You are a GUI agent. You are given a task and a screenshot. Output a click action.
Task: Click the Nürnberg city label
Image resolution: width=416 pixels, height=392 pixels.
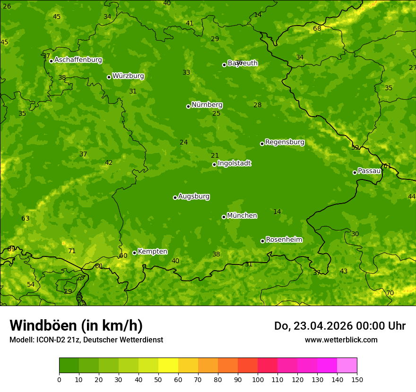click(x=207, y=105)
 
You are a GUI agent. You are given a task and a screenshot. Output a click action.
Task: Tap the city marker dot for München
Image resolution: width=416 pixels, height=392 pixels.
click(x=224, y=217)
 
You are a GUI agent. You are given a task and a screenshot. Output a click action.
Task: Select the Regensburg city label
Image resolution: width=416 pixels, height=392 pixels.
click(x=285, y=142)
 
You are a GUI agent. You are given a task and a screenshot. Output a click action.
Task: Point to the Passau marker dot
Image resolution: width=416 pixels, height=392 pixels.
click(x=355, y=172)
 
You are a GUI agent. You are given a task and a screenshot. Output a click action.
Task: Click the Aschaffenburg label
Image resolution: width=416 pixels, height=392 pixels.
click(x=78, y=60)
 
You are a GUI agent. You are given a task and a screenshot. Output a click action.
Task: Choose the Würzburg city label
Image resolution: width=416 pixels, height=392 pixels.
click(x=128, y=76)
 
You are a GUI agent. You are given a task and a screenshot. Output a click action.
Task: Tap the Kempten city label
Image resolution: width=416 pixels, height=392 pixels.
click(x=152, y=252)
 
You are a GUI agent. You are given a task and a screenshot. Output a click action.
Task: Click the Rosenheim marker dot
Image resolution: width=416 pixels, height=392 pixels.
click(x=263, y=241)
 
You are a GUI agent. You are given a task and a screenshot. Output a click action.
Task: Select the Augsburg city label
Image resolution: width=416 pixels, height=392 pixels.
click(x=194, y=196)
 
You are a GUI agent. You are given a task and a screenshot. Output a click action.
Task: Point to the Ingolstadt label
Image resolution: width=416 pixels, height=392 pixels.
click(x=234, y=163)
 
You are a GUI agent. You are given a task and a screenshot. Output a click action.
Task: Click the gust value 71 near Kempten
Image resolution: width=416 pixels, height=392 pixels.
click(x=72, y=251)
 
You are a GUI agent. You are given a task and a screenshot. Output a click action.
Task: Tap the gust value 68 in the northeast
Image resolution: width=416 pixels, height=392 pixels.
click(x=317, y=29)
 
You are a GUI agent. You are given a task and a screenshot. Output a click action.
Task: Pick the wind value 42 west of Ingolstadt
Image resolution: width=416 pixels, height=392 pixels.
click(x=109, y=163)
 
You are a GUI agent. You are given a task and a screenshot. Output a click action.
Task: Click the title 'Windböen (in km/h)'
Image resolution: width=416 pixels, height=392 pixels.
click(x=76, y=326)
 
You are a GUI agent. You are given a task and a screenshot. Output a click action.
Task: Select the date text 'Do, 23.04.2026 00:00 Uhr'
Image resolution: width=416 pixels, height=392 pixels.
click(x=340, y=326)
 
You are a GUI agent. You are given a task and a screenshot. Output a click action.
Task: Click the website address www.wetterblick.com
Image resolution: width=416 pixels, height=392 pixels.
click(x=341, y=340)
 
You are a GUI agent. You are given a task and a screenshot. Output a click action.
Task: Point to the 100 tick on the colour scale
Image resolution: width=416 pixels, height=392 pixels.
click(x=258, y=379)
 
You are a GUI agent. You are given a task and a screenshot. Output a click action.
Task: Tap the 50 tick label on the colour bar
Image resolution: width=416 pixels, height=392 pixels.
click(x=158, y=379)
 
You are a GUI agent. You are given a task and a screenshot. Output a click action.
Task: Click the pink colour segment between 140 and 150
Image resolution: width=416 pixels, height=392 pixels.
click(x=347, y=366)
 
